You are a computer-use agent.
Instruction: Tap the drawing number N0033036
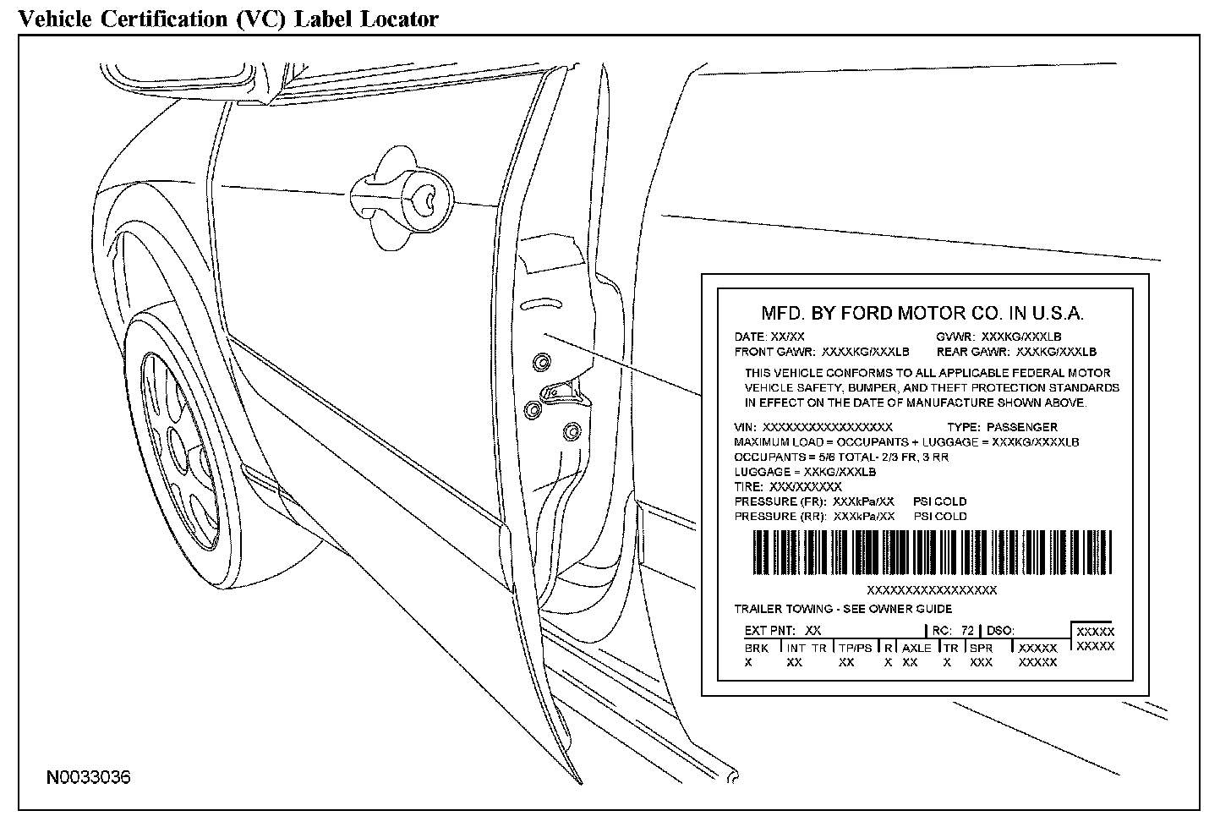pos(89,776)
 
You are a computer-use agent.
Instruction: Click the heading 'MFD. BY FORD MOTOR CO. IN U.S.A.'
pos(922,313)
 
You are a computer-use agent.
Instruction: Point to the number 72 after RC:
pos(967,630)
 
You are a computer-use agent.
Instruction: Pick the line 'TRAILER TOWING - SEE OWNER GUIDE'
pos(843,609)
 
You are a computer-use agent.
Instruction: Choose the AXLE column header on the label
pos(916,648)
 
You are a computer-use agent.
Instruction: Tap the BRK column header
pos(757,648)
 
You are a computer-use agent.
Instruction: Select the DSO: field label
pos(1000,630)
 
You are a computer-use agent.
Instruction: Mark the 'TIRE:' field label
pos(749,486)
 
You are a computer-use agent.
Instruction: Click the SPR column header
pos(981,648)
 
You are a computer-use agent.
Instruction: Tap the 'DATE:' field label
pos(750,337)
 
